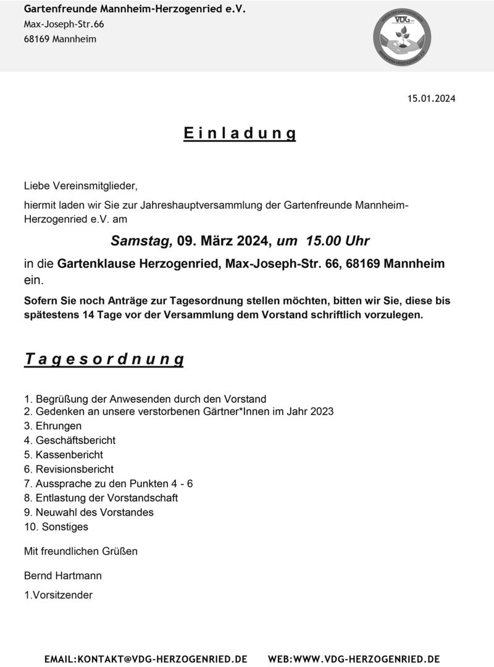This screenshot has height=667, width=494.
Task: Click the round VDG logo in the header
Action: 403,37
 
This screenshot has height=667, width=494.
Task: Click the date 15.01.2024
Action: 431,98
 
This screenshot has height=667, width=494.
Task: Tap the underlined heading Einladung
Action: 240,133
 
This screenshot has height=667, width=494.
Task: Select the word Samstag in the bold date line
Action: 139,241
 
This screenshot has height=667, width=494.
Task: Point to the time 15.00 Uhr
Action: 336,241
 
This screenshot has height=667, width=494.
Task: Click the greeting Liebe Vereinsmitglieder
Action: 80,185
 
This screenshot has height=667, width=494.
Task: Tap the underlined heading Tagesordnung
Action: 104,359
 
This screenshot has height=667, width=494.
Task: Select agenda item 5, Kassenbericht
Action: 64,455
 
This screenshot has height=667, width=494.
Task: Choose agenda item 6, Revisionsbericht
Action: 69,469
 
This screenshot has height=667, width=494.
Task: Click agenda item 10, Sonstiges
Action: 56,527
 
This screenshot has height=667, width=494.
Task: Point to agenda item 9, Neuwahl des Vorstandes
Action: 88,513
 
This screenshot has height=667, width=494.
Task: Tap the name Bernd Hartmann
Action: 62,576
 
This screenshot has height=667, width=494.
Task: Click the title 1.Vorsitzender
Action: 58,595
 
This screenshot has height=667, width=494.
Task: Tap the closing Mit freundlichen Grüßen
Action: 80,551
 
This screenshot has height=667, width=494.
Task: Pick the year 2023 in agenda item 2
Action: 321,411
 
